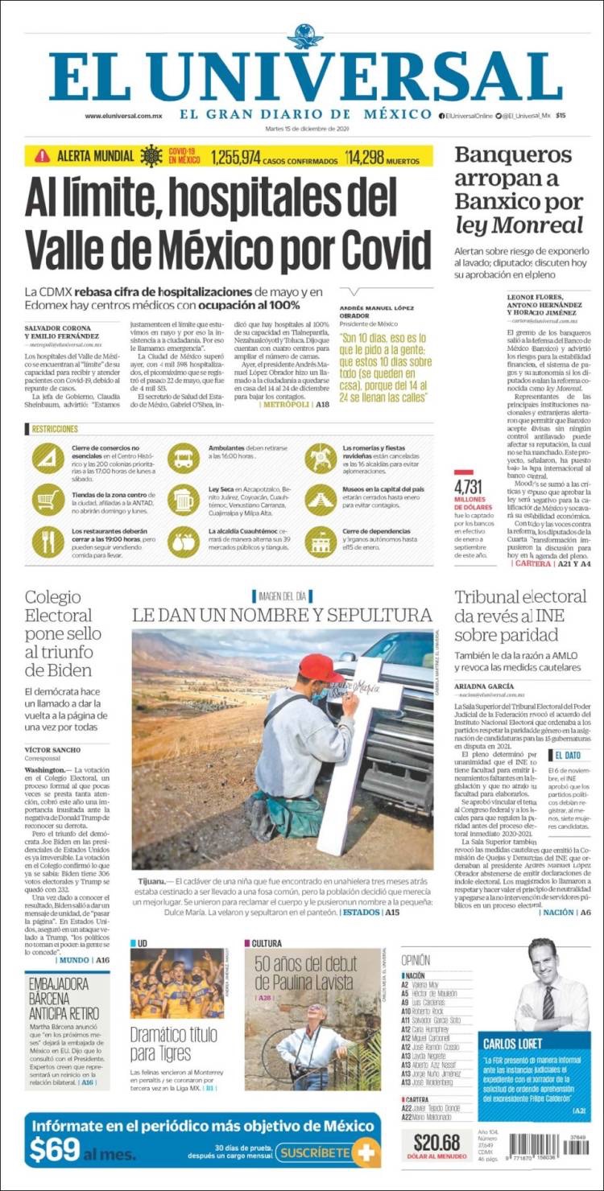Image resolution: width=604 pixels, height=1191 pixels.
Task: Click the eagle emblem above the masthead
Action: (304, 37)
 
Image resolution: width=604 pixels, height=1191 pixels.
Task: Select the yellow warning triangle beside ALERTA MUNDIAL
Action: (43, 156)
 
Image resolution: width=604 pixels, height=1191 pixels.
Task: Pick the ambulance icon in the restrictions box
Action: (184, 458)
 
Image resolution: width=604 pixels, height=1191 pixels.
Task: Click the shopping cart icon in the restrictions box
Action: (48, 500)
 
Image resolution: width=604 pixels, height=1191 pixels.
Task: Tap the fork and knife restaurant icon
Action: (48, 541)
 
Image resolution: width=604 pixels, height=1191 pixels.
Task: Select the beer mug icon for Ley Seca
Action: (184, 500)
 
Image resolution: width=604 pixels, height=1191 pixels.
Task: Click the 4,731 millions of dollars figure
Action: (468, 487)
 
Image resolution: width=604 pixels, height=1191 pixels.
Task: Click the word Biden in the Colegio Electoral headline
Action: (69, 670)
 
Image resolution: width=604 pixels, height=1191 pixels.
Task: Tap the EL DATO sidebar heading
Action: (567, 755)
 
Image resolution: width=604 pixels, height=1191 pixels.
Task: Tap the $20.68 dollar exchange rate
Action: (437, 1141)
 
